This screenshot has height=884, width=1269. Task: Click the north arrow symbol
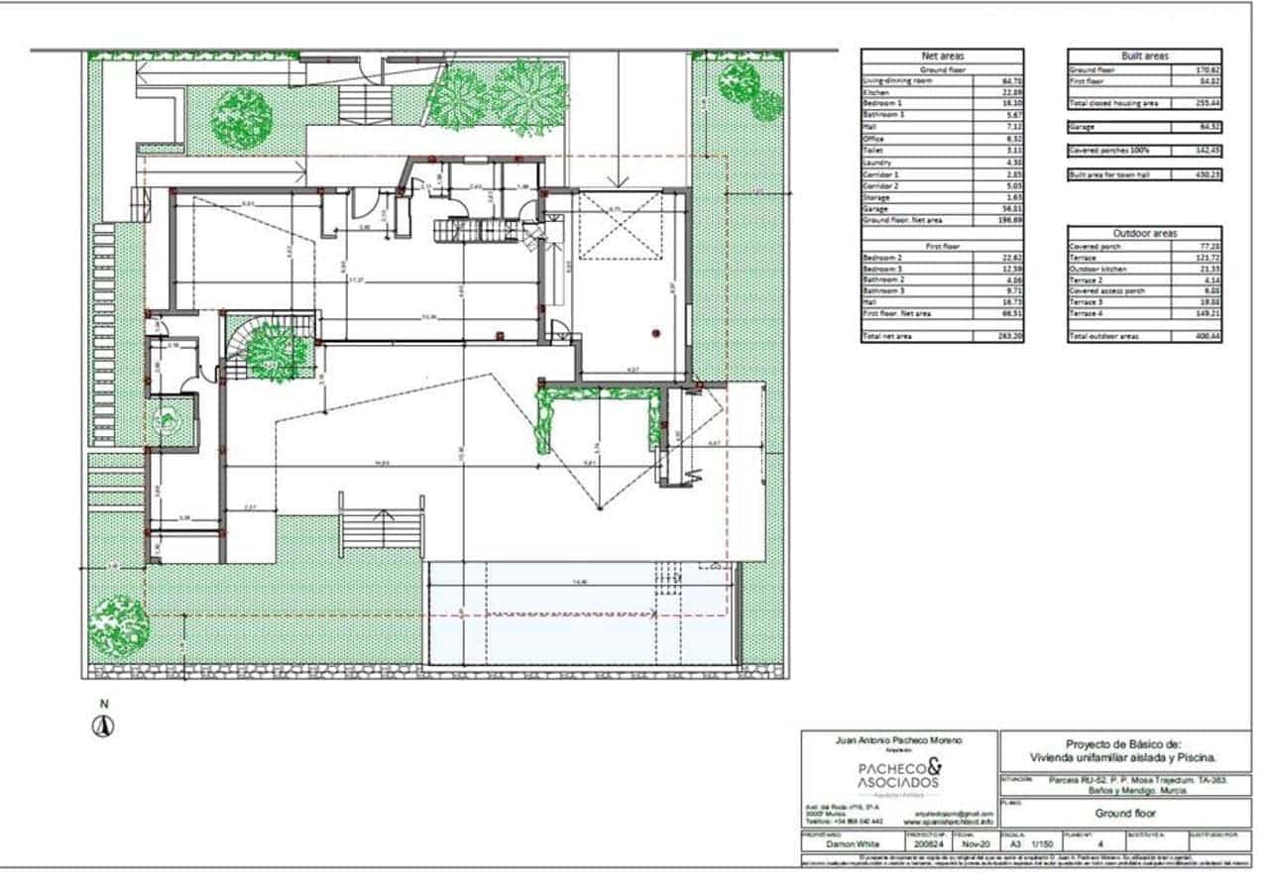click(x=103, y=725)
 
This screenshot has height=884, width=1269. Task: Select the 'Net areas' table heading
click(x=942, y=56)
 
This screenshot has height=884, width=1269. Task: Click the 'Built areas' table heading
click(x=1145, y=56)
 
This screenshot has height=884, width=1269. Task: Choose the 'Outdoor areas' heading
click(x=1145, y=233)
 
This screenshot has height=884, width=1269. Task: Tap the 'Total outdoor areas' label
click(x=1103, y=337)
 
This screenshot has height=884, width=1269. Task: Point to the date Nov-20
click(x=977, y=844)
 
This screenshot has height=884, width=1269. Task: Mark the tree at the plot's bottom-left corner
click(x=119, y=623)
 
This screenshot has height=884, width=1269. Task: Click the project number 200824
click(x=928, y=844)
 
